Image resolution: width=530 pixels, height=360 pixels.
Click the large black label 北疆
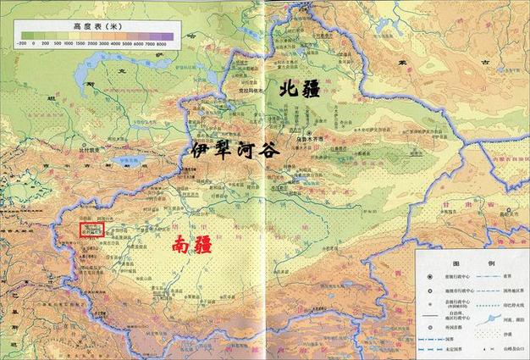301,87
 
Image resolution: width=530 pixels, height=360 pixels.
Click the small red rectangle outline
91,229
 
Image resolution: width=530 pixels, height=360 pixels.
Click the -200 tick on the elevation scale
23,43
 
